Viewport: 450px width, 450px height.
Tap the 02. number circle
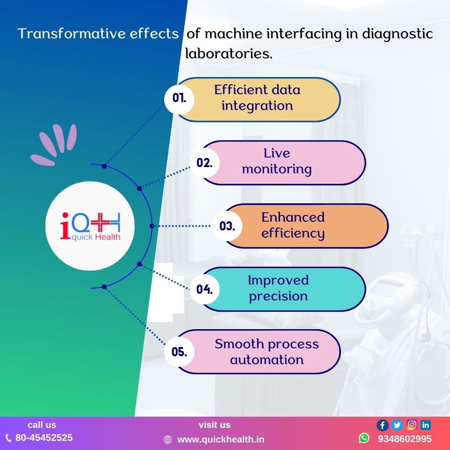pos(204,162)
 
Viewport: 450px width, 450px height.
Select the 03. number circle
pos(227,226)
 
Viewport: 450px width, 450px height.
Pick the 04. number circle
pos(204,289)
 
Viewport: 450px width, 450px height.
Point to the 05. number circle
pos(179,352)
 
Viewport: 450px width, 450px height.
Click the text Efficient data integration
pos(257,97)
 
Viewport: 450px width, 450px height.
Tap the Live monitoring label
pos(277,161)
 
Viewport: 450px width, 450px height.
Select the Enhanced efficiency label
pos(293,225)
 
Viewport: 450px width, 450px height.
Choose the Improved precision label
pos(278,288)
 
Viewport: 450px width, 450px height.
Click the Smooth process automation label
pos(267,352)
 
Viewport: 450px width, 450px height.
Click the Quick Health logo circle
pos(90,226)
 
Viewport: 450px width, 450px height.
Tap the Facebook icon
pos(382,425)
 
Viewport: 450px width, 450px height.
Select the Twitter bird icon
pos(397,425)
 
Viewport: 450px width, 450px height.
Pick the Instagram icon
pos(412,425)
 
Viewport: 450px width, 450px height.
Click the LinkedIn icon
pos(425,425)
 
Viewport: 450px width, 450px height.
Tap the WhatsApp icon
pos(364,438)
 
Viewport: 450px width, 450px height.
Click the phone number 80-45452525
pos(44,437)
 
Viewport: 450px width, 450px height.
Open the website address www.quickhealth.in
pos(221,439)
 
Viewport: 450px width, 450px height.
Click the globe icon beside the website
pos(167,440)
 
